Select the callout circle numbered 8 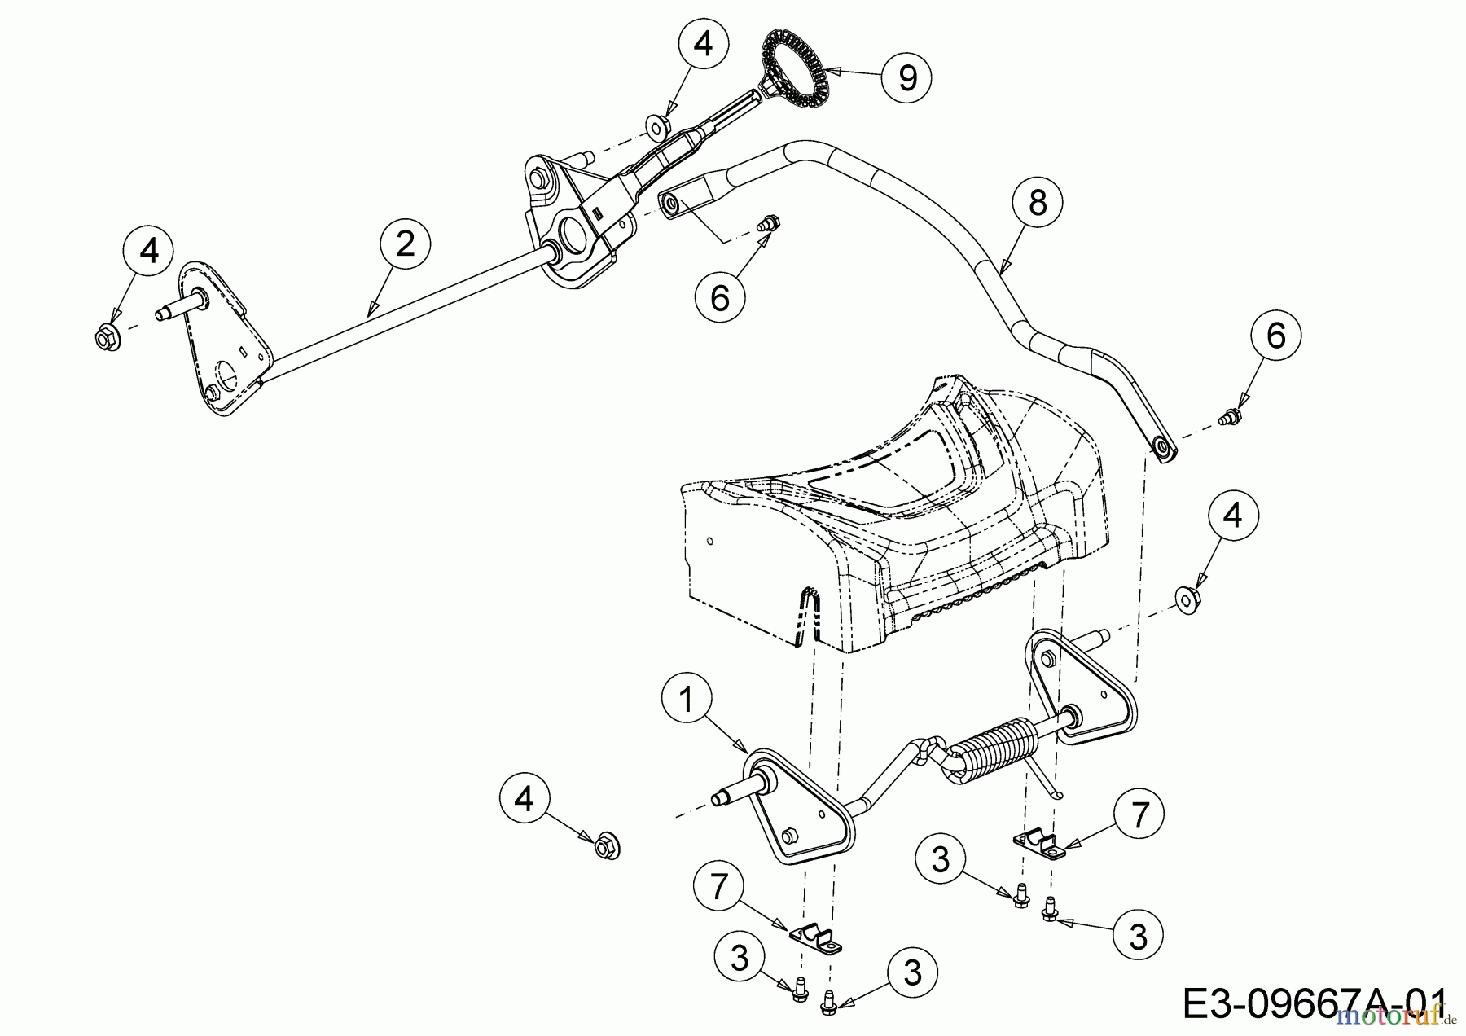coord(1037,202)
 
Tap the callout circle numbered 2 coord(405,243)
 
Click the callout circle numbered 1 coord(686,699)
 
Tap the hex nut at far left coord(108,336)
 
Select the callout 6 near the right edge coord(1275,336)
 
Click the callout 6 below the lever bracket coord(720,298)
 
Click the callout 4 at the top coord(702,44)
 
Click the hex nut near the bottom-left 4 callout coord(606,847)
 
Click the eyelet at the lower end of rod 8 coord(1161,450)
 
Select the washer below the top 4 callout coord(657,125)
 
